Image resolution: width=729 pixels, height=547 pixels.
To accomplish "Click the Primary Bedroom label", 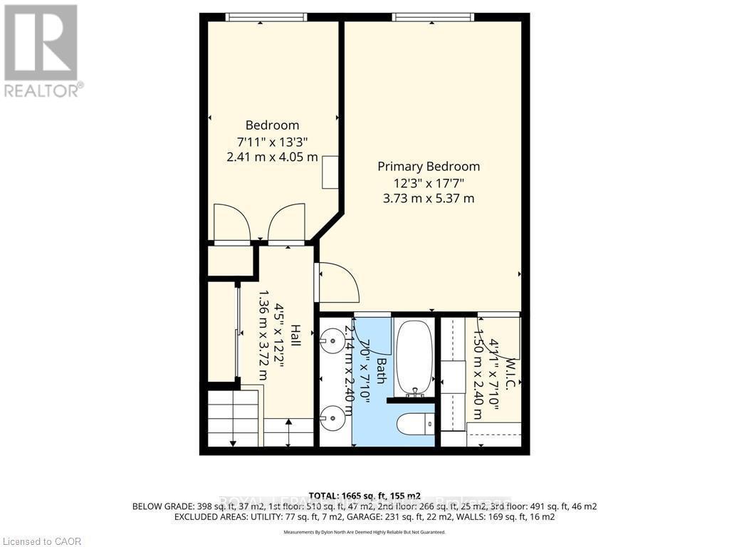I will [x=429, y=166].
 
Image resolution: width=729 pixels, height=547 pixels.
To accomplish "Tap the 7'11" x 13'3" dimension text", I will [x=272, y=141].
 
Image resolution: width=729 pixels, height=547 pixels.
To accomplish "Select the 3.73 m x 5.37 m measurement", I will [x=429, y=198].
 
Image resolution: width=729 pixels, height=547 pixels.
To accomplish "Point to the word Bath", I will [x=381, y=370].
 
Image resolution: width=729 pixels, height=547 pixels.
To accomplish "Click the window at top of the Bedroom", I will [x=261, y=17].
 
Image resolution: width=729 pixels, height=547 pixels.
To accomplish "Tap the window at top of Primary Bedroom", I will [x=433, y=17].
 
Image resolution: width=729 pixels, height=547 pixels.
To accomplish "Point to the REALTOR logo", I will [x=41, y=50].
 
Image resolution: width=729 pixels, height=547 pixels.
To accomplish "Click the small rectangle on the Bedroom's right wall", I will [x=330, y=172].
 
